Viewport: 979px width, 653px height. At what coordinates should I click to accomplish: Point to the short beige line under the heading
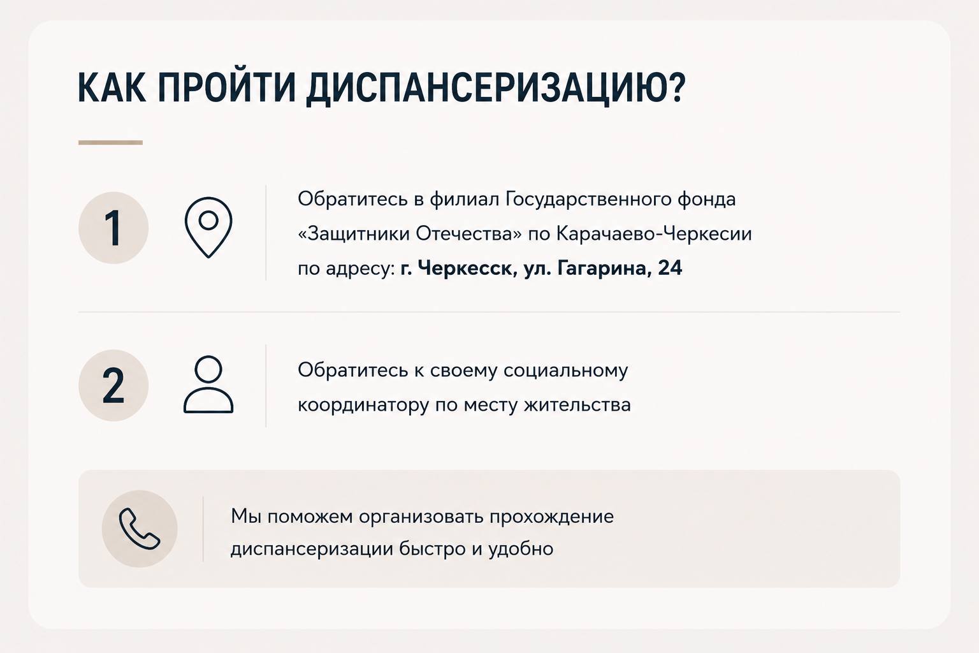pos(110,143)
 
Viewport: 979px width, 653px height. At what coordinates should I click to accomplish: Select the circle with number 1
pos(113,228)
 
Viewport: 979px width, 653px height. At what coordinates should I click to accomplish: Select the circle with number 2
pos(113,385)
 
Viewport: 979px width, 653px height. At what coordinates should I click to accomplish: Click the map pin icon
pos(208,227)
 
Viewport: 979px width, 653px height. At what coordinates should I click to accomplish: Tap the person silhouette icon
pos(208,385)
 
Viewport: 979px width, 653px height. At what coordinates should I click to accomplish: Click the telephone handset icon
pos(140,529)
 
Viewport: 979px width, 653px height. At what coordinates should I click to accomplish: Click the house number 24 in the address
pos(670,268)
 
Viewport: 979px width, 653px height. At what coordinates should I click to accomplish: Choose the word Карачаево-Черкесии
pos(654,233)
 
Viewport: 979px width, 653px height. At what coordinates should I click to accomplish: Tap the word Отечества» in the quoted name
pos(468,233)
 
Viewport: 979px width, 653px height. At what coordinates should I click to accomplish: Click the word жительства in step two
pos(577,404)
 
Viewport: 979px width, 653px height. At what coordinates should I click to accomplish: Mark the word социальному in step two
pos(565,371)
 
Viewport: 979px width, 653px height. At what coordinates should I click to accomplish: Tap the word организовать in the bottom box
pos(421,517)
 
